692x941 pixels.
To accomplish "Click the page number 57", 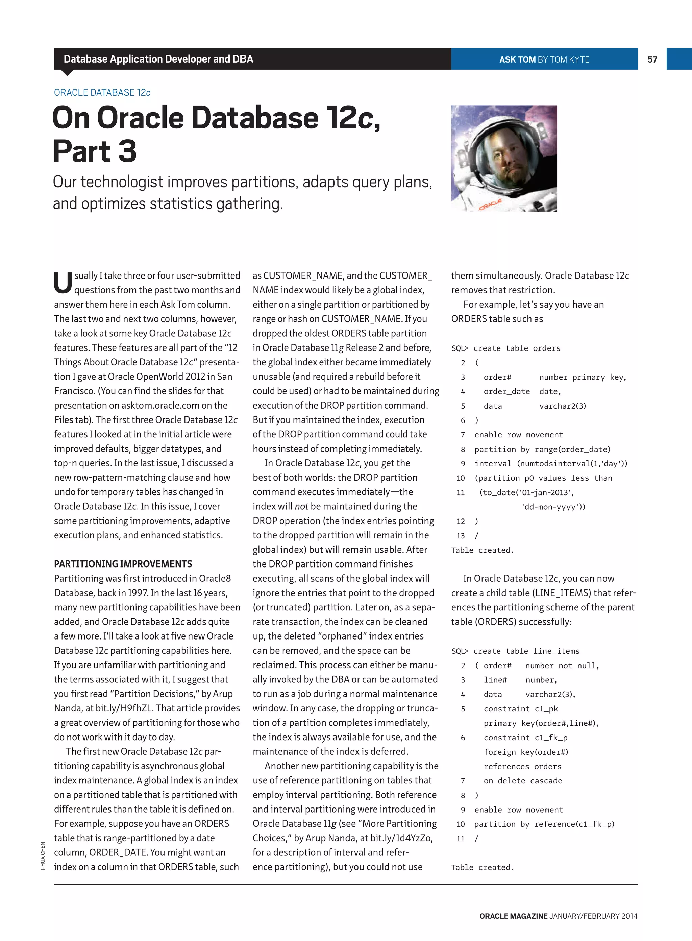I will tap(652, 59).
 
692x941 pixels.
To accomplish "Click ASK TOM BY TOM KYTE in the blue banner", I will tap(544, 59).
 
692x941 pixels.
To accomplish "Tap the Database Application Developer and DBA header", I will tap(158, 59).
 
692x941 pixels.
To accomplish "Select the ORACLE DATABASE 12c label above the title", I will tap(102, 93).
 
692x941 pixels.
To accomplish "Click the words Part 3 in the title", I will tap(95, 152).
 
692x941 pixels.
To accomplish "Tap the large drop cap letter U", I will tap(63, 283).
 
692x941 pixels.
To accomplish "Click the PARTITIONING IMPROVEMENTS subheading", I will tap(123, 564).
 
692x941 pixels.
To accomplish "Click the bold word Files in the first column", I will tap(63, 420).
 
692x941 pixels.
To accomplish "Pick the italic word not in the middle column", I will tap(301, 507).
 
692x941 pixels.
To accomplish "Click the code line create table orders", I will tap(517, 348).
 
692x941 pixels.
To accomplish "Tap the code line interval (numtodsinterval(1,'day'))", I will tap(551, 464).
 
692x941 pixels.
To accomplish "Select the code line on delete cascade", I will tap(522, 781).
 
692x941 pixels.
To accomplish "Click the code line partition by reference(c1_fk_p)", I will tap(544, 824).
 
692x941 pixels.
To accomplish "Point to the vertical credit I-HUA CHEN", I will tap(43, 855).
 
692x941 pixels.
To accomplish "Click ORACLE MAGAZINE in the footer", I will tap(513, 916).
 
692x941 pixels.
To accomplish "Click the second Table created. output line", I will tap(482, 868).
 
